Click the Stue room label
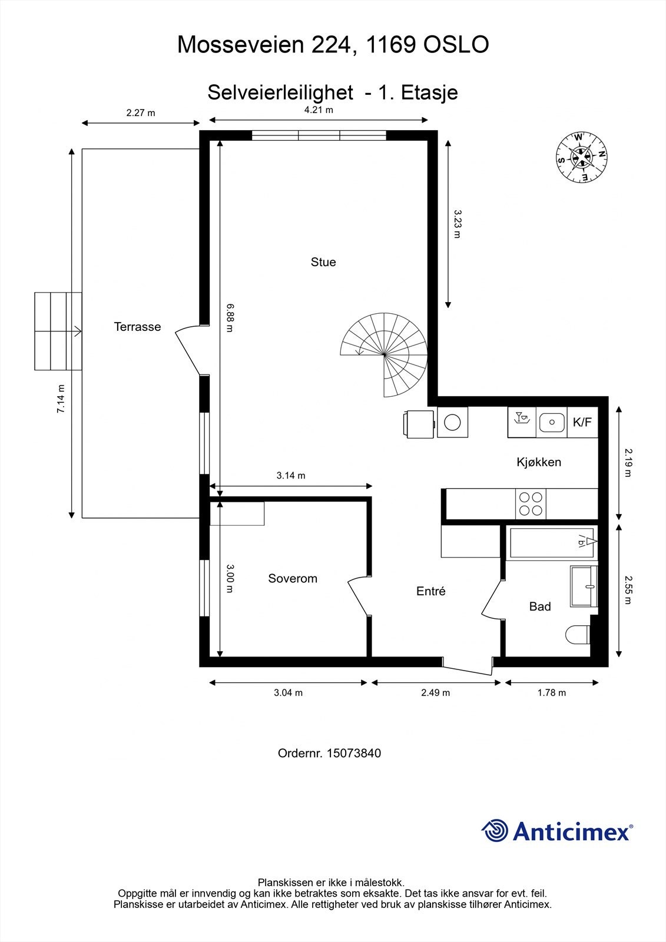point(323,262)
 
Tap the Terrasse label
point(137,327)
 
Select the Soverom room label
point(293,578)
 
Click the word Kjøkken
point(539,462)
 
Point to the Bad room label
point(540,606)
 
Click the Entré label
point(431,592)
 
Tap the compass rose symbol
point(582,157)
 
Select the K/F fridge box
point(582,422)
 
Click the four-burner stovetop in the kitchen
point(530,504)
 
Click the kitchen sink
point(552,422)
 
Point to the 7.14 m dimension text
point(61,399)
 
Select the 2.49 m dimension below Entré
point(435,693)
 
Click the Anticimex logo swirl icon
point(495,831)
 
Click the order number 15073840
point(353,753)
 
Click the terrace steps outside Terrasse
point(58,331)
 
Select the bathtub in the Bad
point(552,542)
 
